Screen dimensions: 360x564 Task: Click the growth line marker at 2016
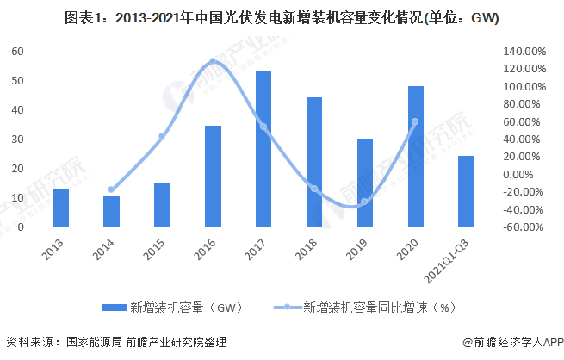(213, 61)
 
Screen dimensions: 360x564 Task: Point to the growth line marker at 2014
(111, 189)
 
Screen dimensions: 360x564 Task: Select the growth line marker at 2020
(415, 121)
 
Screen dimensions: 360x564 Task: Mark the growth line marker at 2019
(365, 202)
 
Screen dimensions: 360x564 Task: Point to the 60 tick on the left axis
(17, 52)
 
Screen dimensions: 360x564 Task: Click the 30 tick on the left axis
(17, 140)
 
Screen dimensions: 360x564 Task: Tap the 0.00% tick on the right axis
(525, 175)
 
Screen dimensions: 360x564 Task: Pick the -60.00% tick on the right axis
(524, 227)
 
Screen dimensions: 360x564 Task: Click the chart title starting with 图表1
(282, 18)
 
